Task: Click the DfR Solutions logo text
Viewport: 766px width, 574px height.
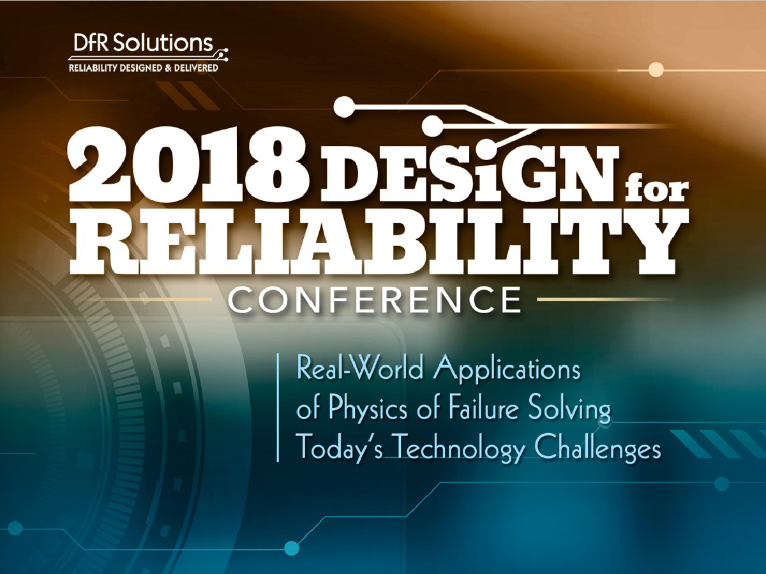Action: [x=143, y=43]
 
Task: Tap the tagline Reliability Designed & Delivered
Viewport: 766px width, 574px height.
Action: [x=144, y=68]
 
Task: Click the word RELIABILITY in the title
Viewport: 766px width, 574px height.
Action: [x=379, y=244]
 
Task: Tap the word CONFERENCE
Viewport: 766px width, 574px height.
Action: [x=375, y=299]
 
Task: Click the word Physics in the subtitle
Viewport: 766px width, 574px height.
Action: [x=368, y=410]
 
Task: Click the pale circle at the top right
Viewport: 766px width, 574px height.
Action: [x=656, y=70]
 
